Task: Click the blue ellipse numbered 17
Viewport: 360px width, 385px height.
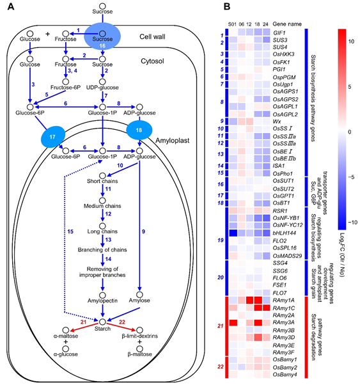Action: click(x=53, y=137)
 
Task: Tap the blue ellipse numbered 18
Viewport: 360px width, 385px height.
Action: click(x=139, y=130)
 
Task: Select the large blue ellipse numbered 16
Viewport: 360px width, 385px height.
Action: click(x=102, y=36)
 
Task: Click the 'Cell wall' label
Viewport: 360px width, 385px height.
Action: click(x=152, y=36)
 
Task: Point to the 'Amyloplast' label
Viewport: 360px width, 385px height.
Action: click(x=173, y=141)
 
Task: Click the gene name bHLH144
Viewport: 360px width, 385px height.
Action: click(x=285, y=233)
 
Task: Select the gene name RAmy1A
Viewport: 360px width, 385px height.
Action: click(x=284, y=300)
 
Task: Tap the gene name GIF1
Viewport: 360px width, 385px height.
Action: click(x=279, y=32)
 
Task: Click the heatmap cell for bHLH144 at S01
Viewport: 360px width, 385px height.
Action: click(x=233, y=233)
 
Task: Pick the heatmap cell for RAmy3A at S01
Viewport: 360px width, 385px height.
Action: click(x=233, y=322)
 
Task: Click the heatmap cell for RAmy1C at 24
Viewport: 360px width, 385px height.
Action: click(x=266, y=308)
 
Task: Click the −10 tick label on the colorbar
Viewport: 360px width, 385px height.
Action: click(x=352, y=223)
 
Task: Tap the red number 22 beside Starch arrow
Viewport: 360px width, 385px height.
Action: click(x=122, y=322)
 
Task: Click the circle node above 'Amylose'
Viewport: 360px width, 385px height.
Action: click(x=139, y=294)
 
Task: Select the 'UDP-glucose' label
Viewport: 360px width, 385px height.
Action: click(x=102, y=88)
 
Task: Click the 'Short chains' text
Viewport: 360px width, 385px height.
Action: click(x=102, y=181)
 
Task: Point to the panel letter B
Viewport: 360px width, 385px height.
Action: click(x=226, y=6)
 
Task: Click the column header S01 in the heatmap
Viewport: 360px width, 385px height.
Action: click(x=232, y=24)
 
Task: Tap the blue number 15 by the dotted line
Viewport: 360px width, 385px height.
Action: click(x=70, y=232)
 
